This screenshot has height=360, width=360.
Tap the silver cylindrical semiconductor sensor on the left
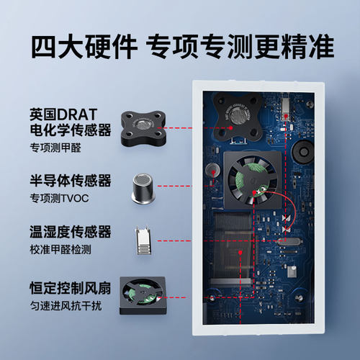click(142, 186)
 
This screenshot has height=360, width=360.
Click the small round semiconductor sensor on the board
click(212, 170)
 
